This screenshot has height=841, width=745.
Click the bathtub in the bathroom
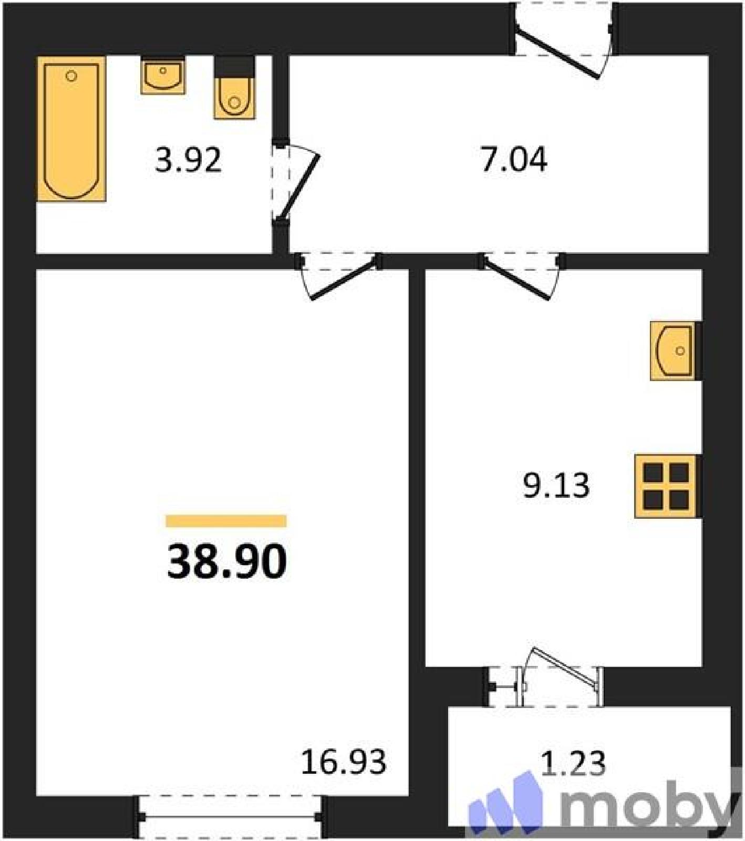click(71, 129)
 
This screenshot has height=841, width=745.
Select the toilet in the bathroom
click(234, 88)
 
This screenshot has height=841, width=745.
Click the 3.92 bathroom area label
click(188, 160)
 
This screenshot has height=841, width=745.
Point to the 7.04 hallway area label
click(513, 160)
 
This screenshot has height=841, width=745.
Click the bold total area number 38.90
click(227, 561)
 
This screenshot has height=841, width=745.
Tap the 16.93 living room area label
click(344, 762)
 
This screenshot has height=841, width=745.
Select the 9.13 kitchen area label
click(556, 485)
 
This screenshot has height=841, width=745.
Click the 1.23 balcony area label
click(573, 763)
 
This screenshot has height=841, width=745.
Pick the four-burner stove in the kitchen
click(668, 486)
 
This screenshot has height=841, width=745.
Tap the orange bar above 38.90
click(226, 521)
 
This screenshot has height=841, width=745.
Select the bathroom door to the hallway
click(295, 184)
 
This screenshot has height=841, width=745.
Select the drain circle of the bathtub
click(71, 76)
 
